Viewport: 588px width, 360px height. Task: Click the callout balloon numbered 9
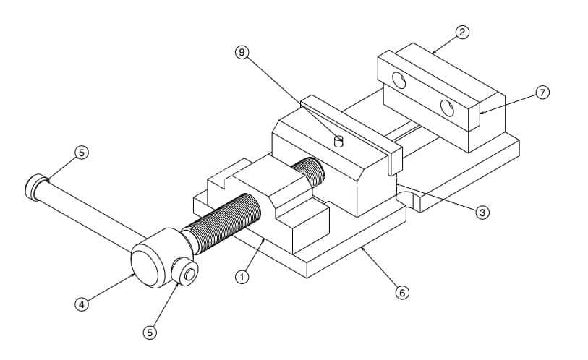242,52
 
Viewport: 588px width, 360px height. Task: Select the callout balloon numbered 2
462,32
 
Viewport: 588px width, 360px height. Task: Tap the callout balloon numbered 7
542,93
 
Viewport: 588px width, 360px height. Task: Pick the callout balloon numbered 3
482,213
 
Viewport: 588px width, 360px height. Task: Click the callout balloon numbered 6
402,293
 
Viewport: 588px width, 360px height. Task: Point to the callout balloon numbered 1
242,277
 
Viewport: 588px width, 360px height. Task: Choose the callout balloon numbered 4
82,304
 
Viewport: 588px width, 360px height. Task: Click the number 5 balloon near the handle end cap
82,153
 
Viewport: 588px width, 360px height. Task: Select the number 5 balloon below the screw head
150,333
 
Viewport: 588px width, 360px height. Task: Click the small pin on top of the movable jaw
338,141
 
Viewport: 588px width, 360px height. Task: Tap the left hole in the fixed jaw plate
399,80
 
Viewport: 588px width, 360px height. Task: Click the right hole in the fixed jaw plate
447,108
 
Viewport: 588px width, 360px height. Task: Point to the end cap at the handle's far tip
35,187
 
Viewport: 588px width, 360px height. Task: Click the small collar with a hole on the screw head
185,273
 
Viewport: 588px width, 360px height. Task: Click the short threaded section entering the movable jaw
309,172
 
